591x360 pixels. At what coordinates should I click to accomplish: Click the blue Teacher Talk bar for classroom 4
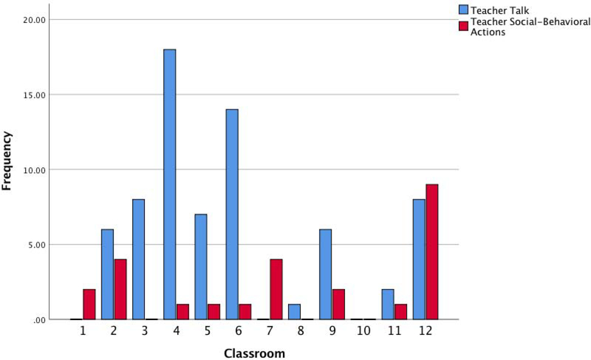170,185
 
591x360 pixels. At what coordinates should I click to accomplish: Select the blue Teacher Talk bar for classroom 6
232,214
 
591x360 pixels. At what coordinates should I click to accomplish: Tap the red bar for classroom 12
431,252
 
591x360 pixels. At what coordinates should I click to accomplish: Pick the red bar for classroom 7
276,289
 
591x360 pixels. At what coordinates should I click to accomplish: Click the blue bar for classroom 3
138,259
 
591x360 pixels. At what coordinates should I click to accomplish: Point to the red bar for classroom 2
120,289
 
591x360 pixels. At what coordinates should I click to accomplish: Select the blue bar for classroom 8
294,312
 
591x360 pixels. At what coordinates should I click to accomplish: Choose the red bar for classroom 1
89,305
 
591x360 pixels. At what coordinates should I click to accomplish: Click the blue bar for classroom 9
325,274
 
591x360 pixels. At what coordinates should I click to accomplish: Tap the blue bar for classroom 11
388,305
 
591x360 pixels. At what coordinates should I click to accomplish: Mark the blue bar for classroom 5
201,267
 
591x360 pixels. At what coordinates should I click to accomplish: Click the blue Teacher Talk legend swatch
464,10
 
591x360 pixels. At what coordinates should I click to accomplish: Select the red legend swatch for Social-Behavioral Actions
464,26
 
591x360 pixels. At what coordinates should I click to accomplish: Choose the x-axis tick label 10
363,333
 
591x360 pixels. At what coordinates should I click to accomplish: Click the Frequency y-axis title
9,160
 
